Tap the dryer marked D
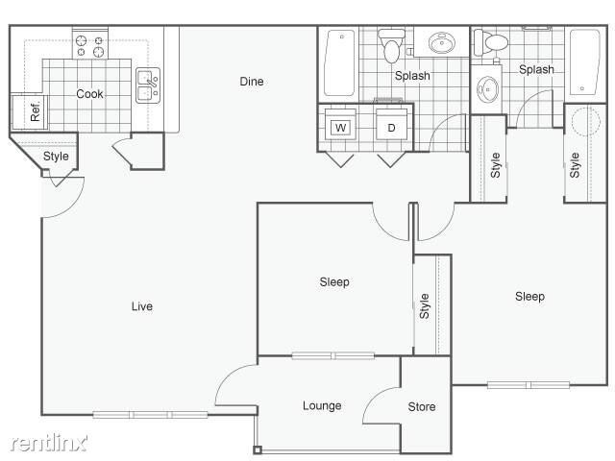(392, 127)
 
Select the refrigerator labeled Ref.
(29, 111)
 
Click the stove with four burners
(89, 45)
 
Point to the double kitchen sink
(147, 86)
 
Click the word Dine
(251, 82)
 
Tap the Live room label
(142, 306)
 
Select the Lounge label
(322, 405)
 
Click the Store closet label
(422, 406)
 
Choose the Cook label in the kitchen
(89, 94)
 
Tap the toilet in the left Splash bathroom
(391, 44)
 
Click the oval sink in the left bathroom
(443, 44)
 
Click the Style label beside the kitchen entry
(56, 157)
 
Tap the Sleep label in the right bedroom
(529, 296)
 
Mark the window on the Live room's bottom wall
(151, 415)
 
